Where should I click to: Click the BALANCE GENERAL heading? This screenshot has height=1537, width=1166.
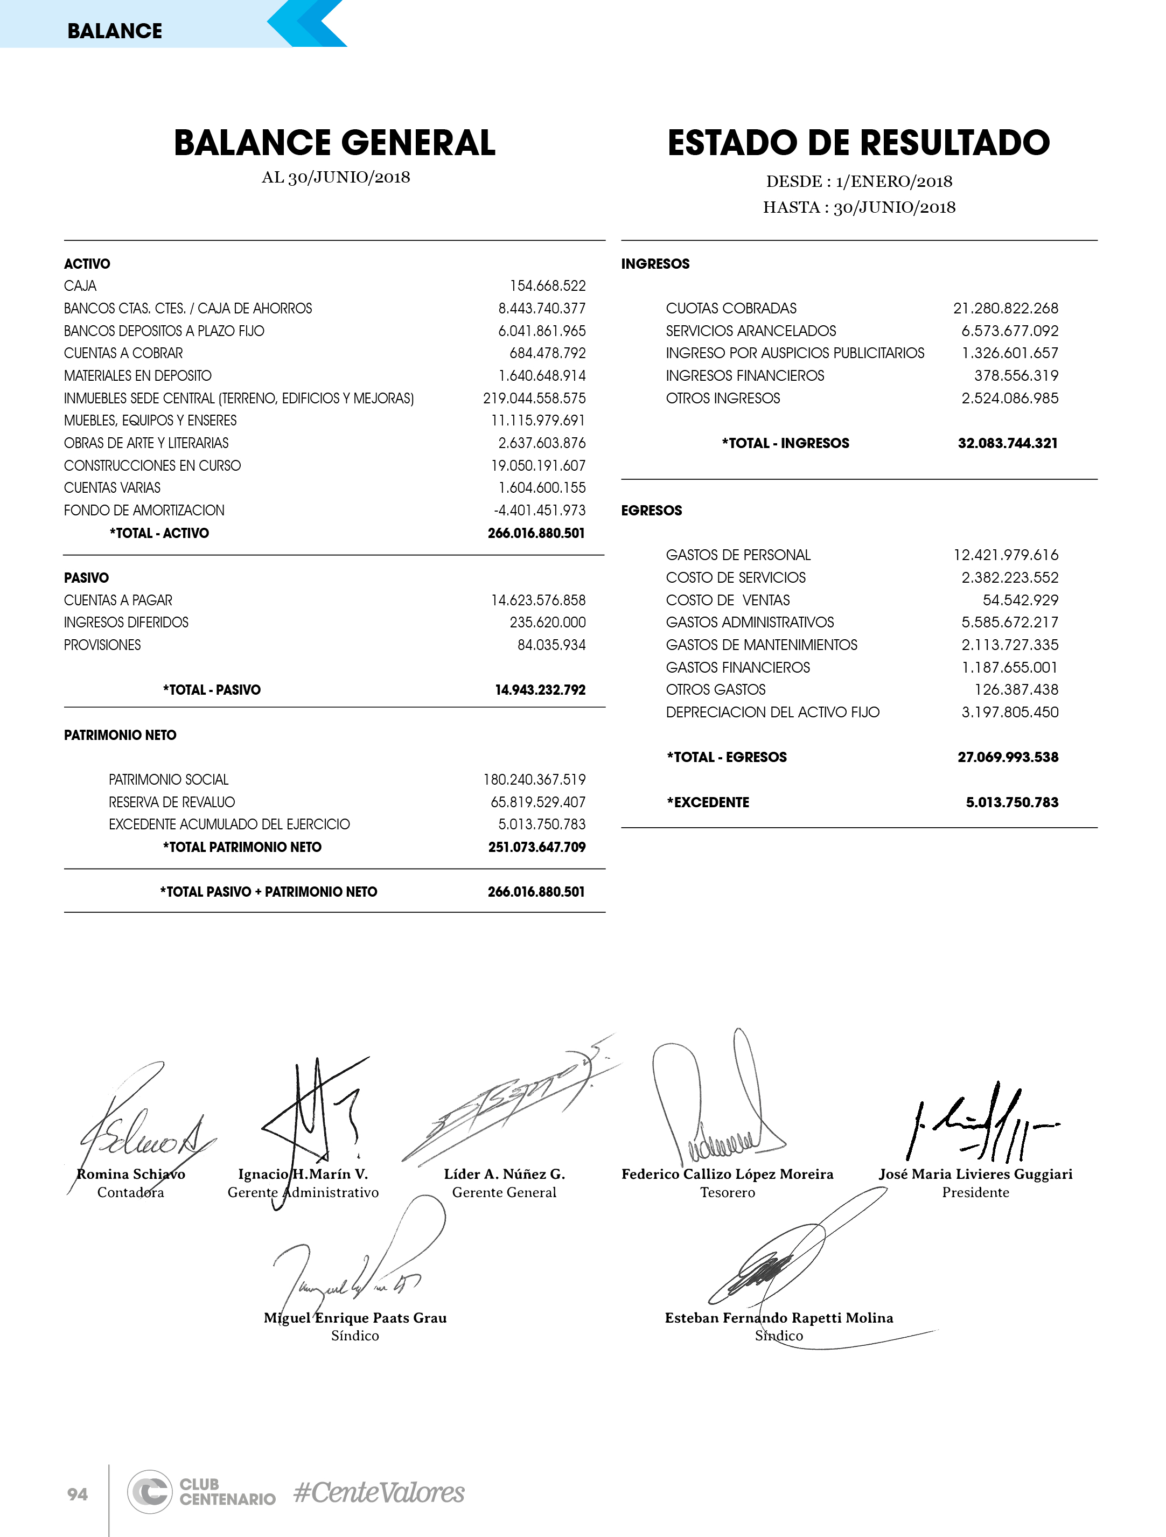[x=334, y=143]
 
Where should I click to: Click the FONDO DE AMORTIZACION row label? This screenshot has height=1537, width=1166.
[x=144, y=511]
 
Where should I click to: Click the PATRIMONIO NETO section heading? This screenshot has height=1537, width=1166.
[x=120, y=735]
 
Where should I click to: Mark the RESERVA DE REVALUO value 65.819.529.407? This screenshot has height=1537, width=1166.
[x=538, y=802]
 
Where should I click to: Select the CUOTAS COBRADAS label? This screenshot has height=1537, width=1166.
[x=731, y=309]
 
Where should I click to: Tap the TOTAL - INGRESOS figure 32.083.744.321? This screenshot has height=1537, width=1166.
[x=1008, y=443]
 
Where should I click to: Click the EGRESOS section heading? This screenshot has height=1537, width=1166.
[x=651, y=511]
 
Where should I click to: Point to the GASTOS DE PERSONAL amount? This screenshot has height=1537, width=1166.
[x=1006, y=555]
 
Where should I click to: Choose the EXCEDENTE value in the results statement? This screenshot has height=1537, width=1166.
[x=1012, y=802]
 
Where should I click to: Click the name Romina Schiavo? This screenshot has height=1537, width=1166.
[x=131, y=1174]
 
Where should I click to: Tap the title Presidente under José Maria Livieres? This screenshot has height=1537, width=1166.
[x=975, y=1192]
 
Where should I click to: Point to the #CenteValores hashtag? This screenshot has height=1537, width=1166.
[x=379, y=1492]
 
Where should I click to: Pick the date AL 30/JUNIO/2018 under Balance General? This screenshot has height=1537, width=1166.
[x=336, y=177]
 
